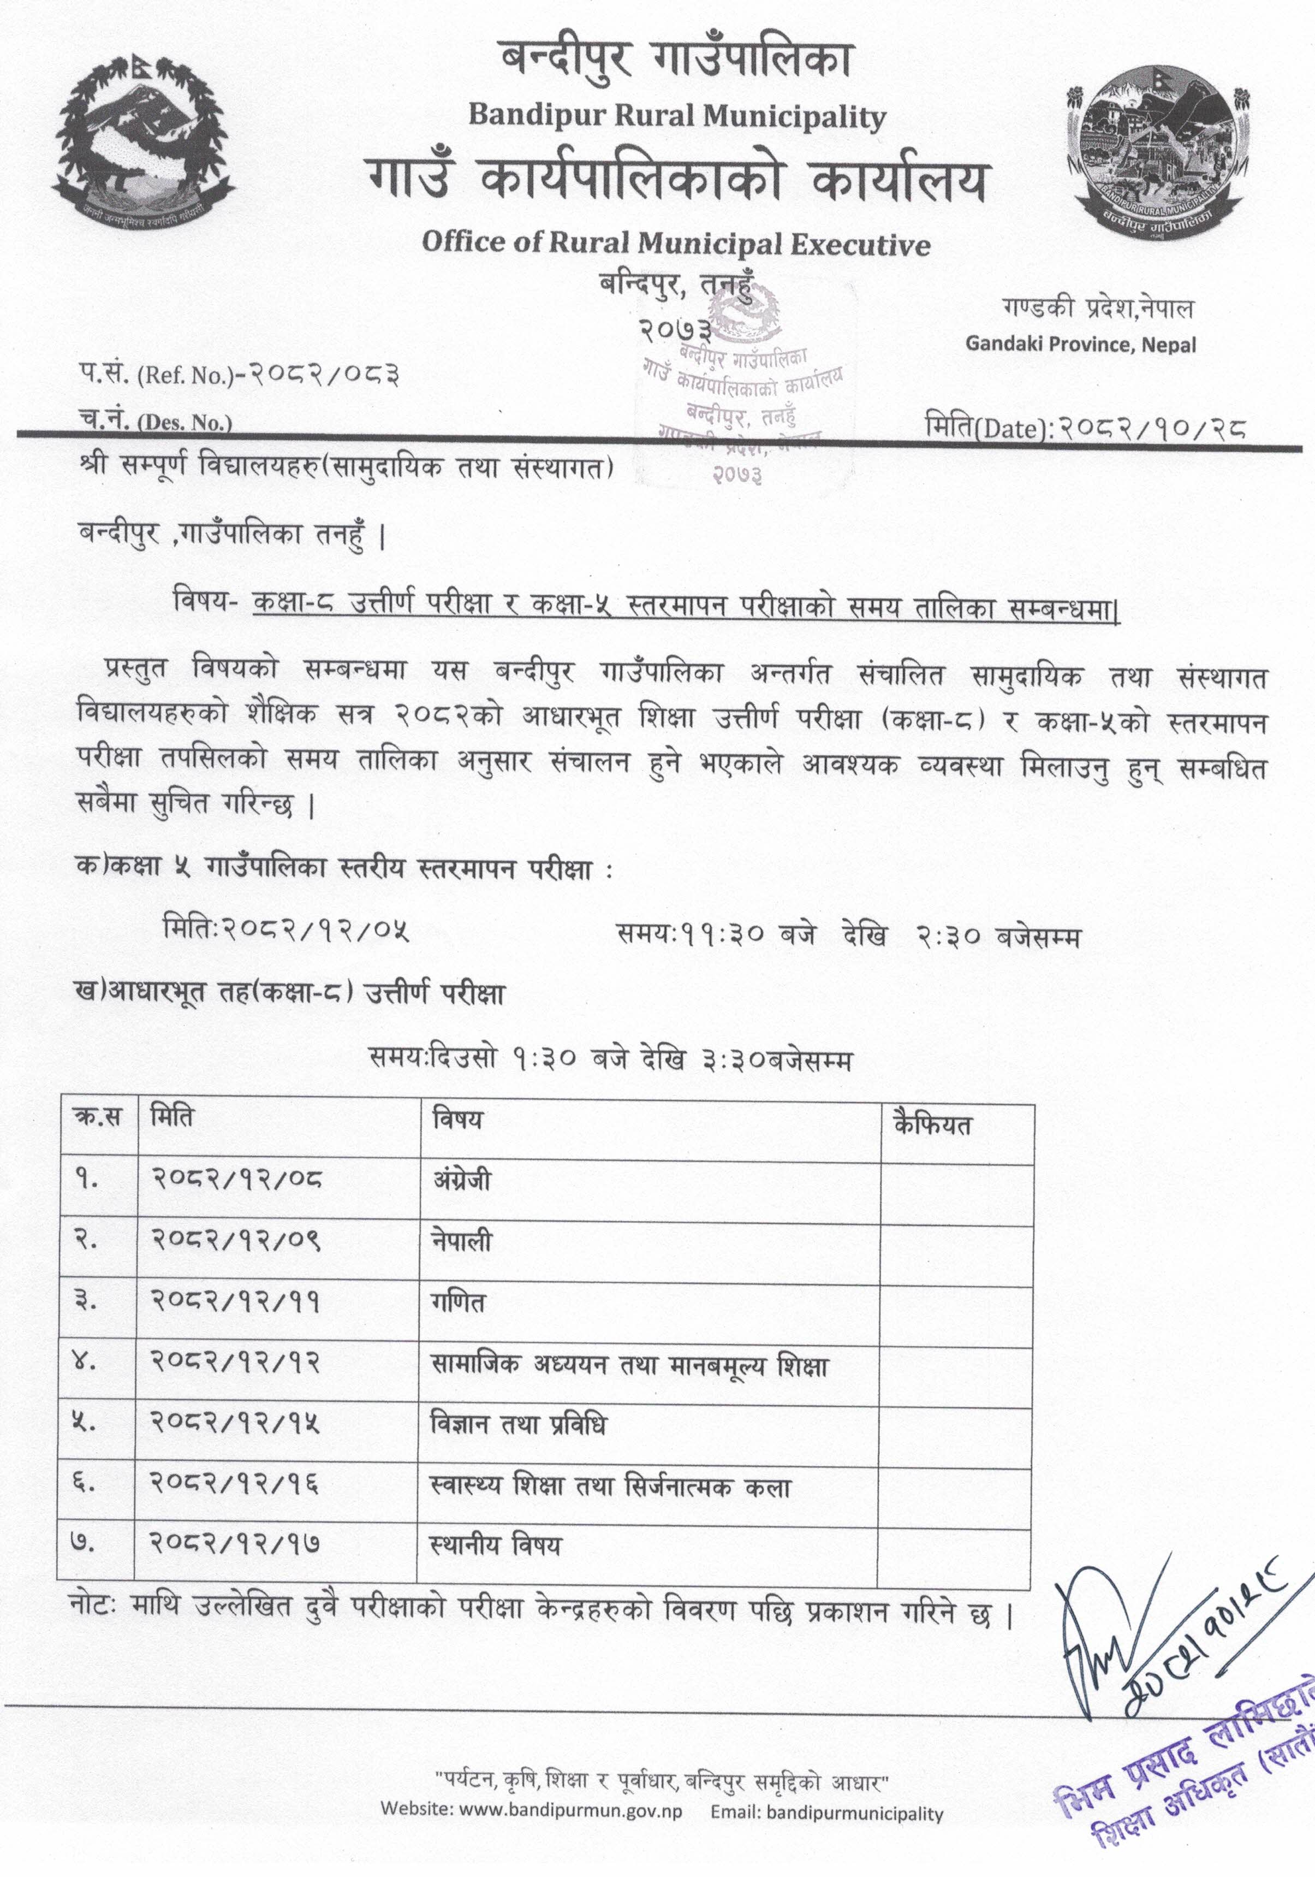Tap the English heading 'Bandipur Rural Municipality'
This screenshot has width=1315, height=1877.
(x=677, y=116)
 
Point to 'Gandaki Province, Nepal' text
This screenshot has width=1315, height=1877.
(x=1080, y=344)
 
